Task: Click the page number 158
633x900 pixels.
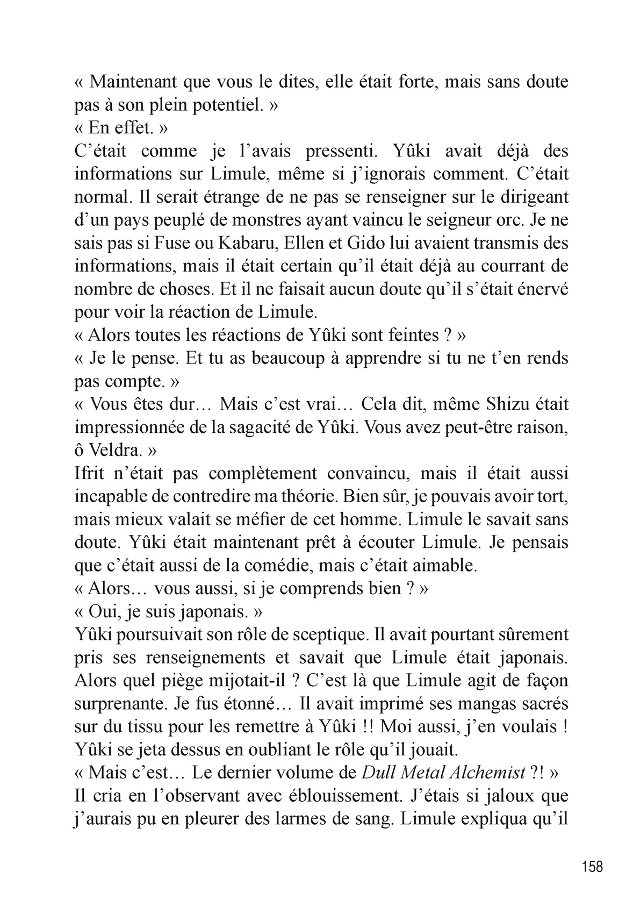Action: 592,866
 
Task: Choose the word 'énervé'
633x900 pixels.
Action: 538,289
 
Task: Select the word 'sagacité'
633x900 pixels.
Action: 275,427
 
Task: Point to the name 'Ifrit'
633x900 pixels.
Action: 90,473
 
